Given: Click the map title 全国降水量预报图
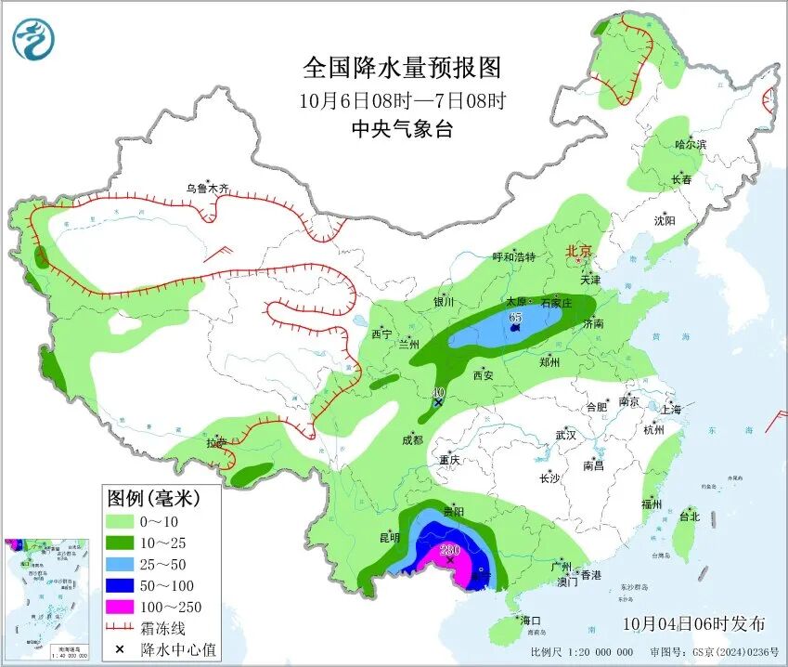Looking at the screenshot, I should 401,68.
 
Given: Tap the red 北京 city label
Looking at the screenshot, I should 578,251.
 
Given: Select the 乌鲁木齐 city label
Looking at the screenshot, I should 206,189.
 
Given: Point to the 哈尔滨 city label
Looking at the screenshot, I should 691,145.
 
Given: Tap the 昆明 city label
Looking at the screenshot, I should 389,537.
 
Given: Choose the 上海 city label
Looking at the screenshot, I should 671,410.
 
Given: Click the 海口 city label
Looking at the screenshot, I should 530,620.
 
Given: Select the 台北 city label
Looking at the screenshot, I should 689,516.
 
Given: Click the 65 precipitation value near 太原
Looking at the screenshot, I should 515,318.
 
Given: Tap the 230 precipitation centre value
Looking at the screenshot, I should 449,550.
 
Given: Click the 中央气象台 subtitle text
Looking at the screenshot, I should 401,129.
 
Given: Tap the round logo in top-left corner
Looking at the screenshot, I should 34,39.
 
